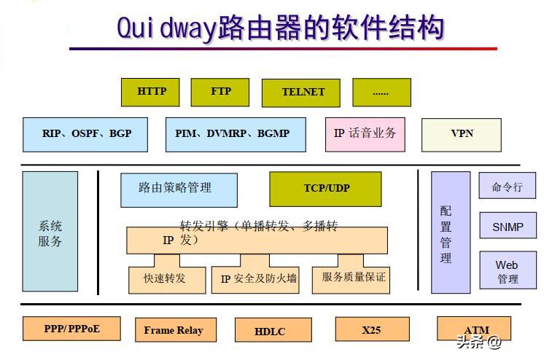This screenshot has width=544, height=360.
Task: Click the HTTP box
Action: (x=151, y=92)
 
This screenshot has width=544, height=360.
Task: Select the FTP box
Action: (x=220, y=92)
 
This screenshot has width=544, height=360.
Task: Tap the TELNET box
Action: (x=303, y=93)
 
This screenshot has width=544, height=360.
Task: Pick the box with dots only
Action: (x=381, y=93)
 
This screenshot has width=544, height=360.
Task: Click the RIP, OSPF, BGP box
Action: (x=86, y=134)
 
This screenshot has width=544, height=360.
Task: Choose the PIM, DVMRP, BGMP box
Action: (x=233, y=134)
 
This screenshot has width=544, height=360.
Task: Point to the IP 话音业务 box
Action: (x=365, y=134)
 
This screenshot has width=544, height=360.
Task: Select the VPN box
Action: (x=462, y=134)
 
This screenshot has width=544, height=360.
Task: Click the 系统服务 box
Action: (x=50, y=232)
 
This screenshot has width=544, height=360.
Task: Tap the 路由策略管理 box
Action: (x=179, y=189)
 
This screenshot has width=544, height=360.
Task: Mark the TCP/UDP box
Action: (x=326, y=189)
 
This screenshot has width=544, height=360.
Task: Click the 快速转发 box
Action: (x=165, y=278)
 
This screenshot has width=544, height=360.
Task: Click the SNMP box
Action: (x=508, y=227)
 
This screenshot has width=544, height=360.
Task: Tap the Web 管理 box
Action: (x=508, y=271)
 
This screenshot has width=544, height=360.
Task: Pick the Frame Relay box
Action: (x=174, y=330)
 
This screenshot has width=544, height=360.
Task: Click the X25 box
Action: (x=371, y=330)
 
